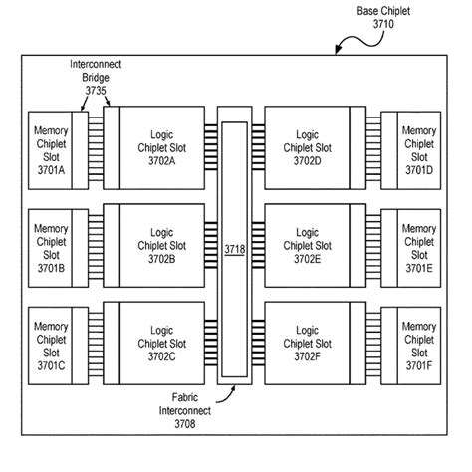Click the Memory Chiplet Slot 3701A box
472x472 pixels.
[51, 148]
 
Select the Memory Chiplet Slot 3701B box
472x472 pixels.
[51, 248]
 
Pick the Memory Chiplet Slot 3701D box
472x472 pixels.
[418, 148]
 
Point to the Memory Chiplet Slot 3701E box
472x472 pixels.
[418, 248]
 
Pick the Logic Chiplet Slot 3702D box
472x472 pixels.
[309, 148]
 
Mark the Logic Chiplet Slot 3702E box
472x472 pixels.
[309, 248]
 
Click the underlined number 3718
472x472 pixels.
[234, 248]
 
